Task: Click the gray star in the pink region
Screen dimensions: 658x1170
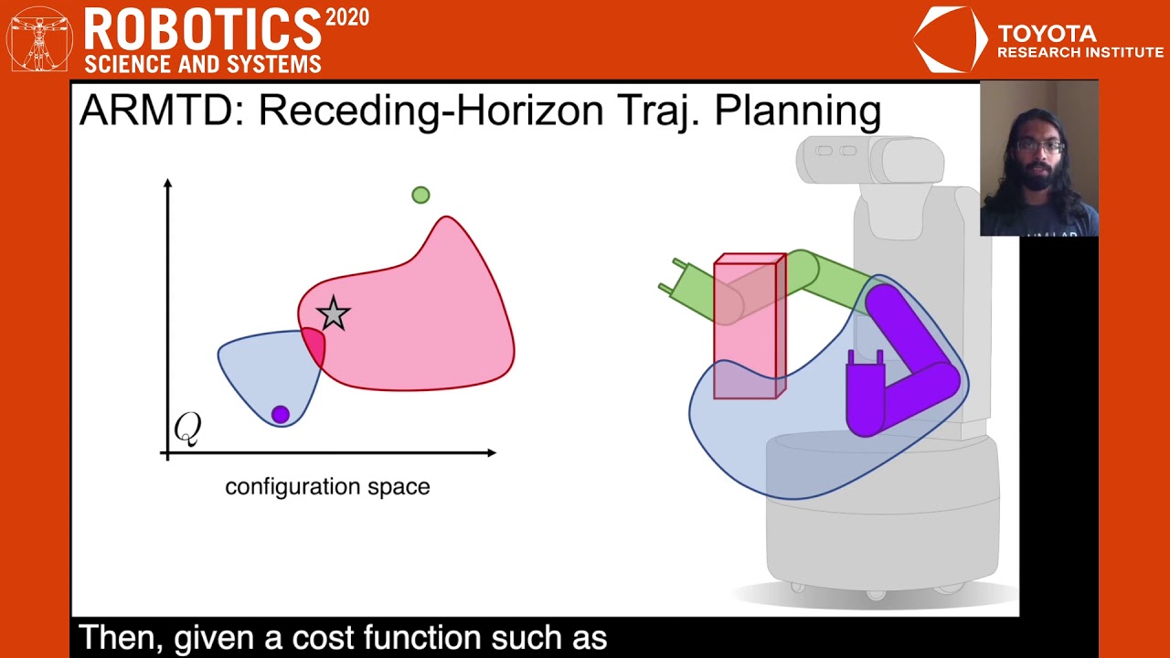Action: [333, 313]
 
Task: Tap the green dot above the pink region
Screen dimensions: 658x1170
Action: [420, 195]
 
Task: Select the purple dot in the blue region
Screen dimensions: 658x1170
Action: [281, 415]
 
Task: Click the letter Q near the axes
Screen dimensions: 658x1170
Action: [187, 428]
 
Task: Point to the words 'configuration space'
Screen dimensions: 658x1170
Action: [327, 487]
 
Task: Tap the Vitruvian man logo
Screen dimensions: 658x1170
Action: [39, 38]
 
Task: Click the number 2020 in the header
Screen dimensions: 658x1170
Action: [347, 17]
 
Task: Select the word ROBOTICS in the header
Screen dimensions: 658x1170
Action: [202, 31]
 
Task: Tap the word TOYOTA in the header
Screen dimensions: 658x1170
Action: [1047, 34]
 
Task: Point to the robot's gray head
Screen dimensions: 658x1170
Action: [868, 160]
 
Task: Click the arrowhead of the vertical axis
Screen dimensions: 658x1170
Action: [167, 184]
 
